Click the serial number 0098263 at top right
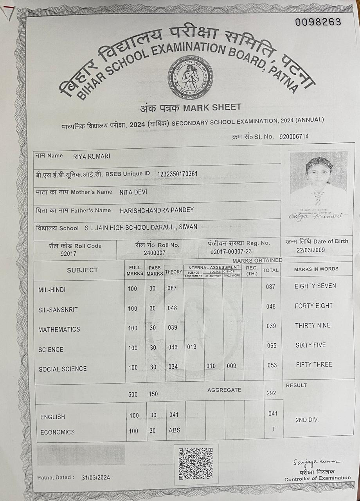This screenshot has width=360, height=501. pos(318,22)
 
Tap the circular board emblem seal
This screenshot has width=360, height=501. pos(191,77)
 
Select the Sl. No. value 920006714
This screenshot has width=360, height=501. pos(294,137)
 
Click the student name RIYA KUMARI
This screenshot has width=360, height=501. pos(92,157)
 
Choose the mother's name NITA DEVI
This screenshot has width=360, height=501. pos(133,192)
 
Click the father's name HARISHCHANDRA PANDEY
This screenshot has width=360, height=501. pos(157,210)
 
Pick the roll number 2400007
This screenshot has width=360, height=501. pos(155,253)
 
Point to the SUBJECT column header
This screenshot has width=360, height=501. pos(82,270)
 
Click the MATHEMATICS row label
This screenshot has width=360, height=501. pos(59,330)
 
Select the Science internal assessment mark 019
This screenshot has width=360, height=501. pos(192,347)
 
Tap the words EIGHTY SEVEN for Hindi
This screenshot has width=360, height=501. pos(315,286)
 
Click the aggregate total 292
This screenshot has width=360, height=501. pos(272,393)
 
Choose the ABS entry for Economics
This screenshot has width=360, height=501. pos(174,430)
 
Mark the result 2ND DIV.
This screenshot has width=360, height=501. pos(307,420)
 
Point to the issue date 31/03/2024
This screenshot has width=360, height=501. pos(96,477)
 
